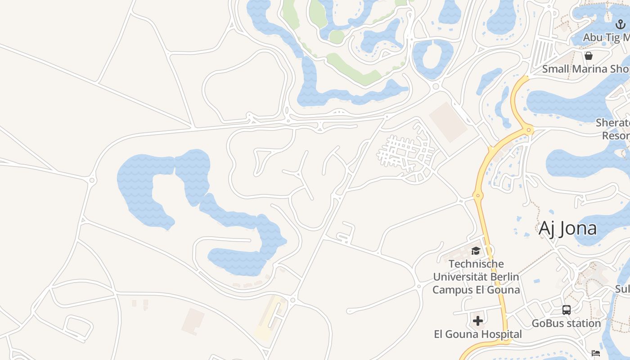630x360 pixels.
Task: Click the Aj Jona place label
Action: [568, 228]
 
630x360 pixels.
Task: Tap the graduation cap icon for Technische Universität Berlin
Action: [476, 251]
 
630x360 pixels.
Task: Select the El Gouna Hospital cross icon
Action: [478, 320]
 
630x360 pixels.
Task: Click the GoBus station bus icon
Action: [566, 310]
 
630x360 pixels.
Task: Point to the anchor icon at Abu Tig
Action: [621, 24]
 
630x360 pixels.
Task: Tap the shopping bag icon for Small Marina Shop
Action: [588, 56]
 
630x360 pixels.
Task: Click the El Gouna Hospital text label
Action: [478, 334]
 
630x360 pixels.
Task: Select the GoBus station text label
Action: [566, 323]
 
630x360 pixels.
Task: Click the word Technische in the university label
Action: [476, 264]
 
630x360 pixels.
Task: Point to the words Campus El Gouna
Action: [476, 289]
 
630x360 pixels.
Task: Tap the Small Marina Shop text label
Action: [585, 69]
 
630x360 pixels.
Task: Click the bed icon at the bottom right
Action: [596, 353]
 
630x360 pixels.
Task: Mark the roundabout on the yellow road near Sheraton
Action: [529, 130]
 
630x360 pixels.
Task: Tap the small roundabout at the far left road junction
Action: [92, 180]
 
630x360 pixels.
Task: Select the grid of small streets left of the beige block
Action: [403, 151]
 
